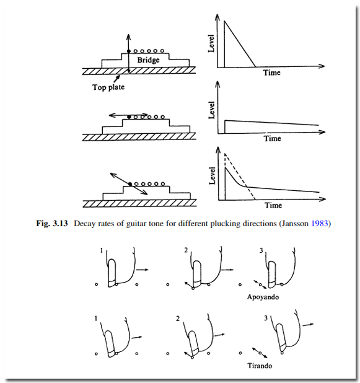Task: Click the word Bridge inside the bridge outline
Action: [x=148, y=60]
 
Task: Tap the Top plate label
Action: [x=108, y=87]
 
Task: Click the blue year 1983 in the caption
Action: [x=320, y=223]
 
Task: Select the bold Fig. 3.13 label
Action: [x=52, y=223]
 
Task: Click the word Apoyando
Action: [x=263, y=297]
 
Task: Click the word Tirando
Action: [x=260, y=366]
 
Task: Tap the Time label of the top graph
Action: [x=271, y=73]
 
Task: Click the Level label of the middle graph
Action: [x=211, y=110]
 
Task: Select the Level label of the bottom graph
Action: [x=213, y=175]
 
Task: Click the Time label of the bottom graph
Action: [x=273, y=205]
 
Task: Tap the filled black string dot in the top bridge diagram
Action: [x=129, y=51]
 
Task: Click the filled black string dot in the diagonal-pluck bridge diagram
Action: [x=130, y=184]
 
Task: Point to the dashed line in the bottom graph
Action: [x=240, y=177]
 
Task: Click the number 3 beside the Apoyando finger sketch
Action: [x=261, y=250]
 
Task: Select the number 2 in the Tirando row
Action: [x=178, y=319]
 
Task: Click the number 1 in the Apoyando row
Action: [x=102, y=250]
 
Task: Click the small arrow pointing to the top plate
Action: [x=116, y=79]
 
